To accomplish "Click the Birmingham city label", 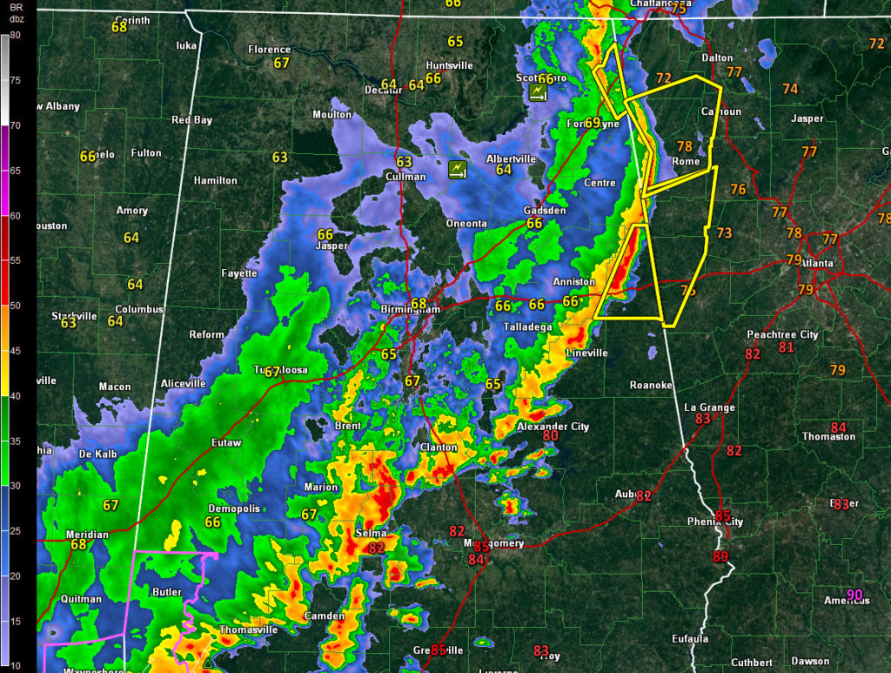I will [x=410, y=310].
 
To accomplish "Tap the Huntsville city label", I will [x=449, y=65].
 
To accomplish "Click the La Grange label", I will [x=709, y=407].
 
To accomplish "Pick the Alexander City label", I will [x=553, y=427].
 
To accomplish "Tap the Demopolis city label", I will [x=233, y=508].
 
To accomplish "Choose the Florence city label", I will [x=269, y=50].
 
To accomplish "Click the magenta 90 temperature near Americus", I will [x=854, y=596].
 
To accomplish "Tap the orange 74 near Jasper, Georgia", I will [x=790, y=89].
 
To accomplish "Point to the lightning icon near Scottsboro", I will [x=539, y=92].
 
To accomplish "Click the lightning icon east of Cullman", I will [x=458, y=169].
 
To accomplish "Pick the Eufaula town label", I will [x=690, y=639].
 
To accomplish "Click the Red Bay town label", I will [x=191, y=120].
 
